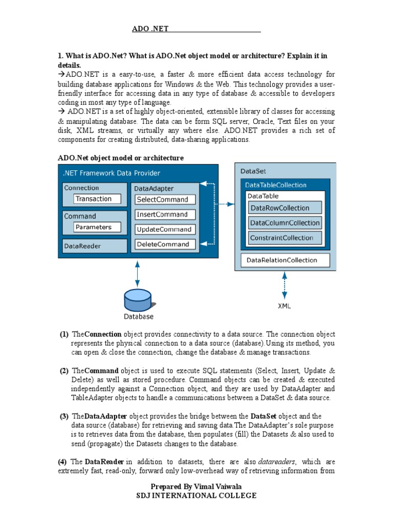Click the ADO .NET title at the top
click(x=150, y=29)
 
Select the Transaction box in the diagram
click(x=97, y=199)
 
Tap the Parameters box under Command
click(x=97, y=227)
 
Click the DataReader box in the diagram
click(x=95, y=246)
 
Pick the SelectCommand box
click(x=165, y=200)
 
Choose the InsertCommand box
click(x=165, y=214)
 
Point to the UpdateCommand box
click(x=165, y=230)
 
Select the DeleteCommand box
click(x=165, y=245)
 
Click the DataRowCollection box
click(x=285, y=208)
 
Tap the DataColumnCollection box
click(x=285, y=223)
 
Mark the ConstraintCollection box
click(x=285, y=237)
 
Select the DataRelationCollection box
click(x=285, y=260)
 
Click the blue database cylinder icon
click(x=138, y=300)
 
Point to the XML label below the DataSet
click(x=285, y=306)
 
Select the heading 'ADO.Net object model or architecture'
click(x=121, y=158)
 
